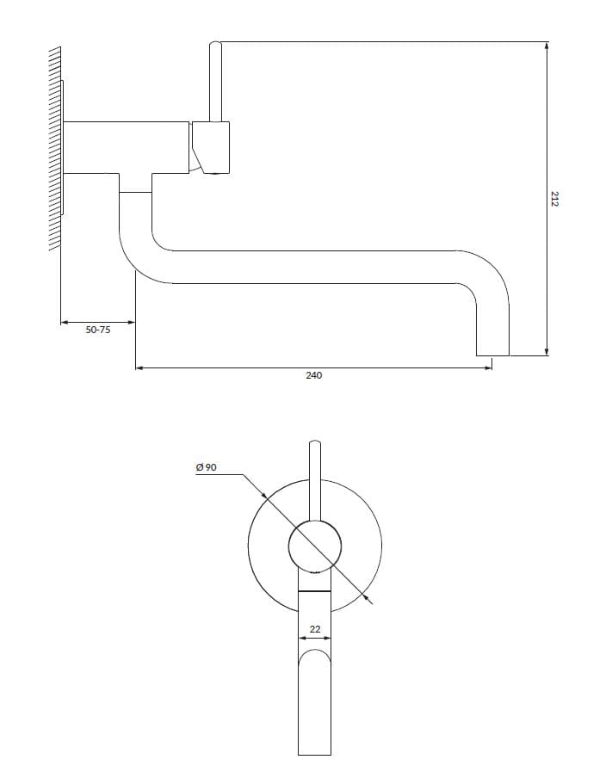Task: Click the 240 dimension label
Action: (313, 375)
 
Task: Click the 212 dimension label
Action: (554, 199)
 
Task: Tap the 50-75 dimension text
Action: (98, 330)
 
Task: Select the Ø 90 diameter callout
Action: (206, 467)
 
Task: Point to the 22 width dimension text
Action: (315, 629)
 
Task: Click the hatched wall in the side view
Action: (55, 149)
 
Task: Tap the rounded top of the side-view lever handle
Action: (215, 45)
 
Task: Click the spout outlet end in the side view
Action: (492, 355)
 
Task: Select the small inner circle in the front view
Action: (315, 546)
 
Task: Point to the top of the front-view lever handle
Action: (315, 443)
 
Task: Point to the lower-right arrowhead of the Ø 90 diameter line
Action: (367, 597)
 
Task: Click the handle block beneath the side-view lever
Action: (211, 147)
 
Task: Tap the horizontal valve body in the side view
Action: (127, 147)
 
